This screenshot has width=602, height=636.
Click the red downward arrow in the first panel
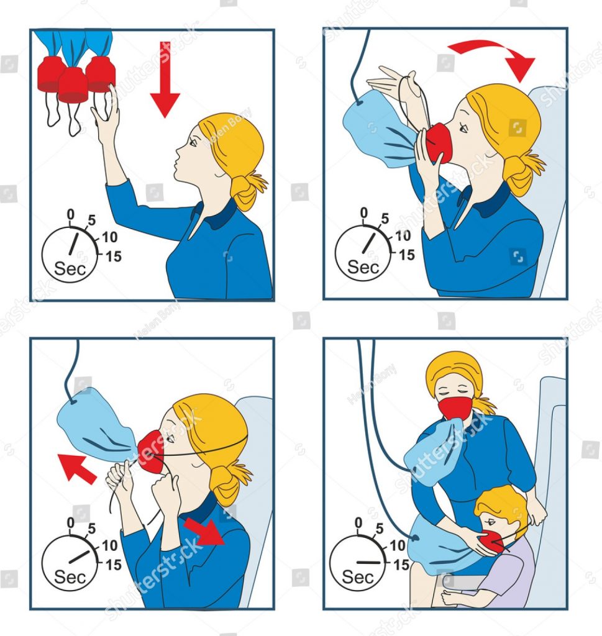165,81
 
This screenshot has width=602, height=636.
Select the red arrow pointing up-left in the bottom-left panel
76,469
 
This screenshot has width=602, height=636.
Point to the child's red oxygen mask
491,543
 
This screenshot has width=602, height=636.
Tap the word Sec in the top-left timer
70,268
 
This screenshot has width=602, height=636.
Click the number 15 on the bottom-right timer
401,565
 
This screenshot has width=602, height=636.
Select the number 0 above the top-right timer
364,212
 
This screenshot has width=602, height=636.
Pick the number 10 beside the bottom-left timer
109,545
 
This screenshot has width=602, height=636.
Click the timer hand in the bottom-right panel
368,563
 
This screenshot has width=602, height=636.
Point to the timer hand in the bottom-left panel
79,557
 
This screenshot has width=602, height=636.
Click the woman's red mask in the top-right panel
439,143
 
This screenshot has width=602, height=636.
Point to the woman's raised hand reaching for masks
106,109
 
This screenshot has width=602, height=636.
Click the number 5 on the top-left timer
92,220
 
